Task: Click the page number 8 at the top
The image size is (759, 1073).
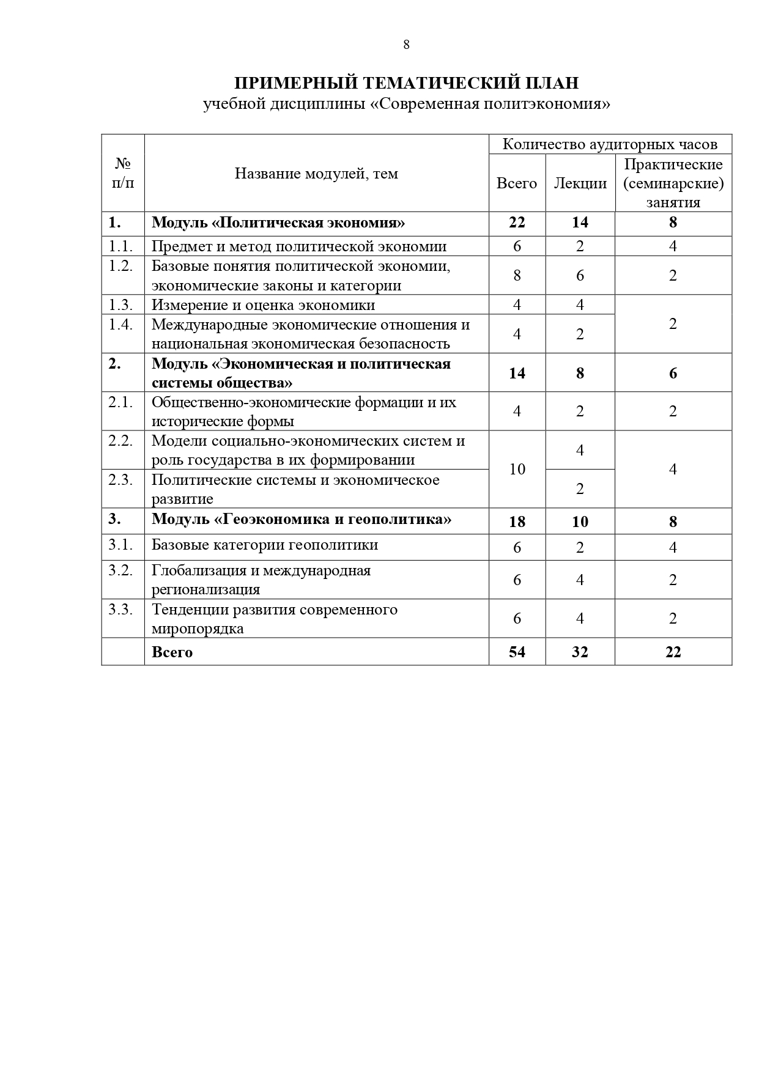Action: pyautogui.click(x=406, y=45)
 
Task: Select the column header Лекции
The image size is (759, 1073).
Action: pyautogui.click(x=580, y=183)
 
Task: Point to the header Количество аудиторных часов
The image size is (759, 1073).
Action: pyautogui.click(x=610, y=144)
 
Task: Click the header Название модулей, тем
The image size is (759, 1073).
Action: pyautogui.click(x=316, y=174)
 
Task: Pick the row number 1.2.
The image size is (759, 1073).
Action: pyautogui.click(x=121, y=267)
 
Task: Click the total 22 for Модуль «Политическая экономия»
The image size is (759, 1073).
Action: pyautogui.click(x=517, y=222)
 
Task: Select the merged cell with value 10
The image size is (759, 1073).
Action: pyautogui.click(x=517, y=469)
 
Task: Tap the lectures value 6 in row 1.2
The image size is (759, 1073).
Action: pyautogui.click(x=580, y=275)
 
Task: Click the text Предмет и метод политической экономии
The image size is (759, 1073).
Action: pyautogui.click(x=299, y=246)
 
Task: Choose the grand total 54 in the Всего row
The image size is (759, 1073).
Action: pyautogui.click(x=517, y=652)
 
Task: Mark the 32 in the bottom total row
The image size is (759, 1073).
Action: pyautogui.click(x=580, y=652)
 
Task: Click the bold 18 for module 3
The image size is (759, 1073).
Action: pyautogui.click(x=517, y=522)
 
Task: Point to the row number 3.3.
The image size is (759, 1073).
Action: pyautogui.click(x=121, y=610)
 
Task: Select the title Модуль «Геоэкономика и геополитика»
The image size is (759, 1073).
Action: pyautogui.click(x=302, y=519)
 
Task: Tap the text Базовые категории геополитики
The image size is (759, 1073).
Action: pyautogui.click(x=265, y=545)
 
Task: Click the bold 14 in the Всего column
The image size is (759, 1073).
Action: pyautogui.click(x=517, y=373)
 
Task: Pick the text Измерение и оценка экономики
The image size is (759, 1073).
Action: pyautogui.click(x=264, y=304)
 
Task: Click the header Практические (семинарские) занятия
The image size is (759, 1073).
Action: pyautogui.click(x=673, y=183)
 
